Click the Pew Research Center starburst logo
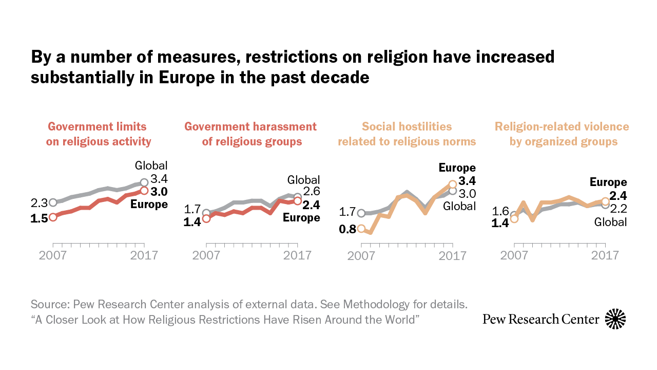point(615,319)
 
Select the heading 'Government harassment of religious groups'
point(250,134)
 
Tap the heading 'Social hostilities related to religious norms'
point(407,134)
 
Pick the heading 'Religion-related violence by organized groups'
point(562,134)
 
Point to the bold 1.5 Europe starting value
point(40,218)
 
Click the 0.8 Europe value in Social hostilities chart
point(347,229)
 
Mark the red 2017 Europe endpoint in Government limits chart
point(144,191)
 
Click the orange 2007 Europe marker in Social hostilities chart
point(361,229)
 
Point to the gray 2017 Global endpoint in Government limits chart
point(144,182)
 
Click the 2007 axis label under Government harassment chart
point(206,255)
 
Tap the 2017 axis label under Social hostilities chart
point(452,255)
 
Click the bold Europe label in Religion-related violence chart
point(608,182)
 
